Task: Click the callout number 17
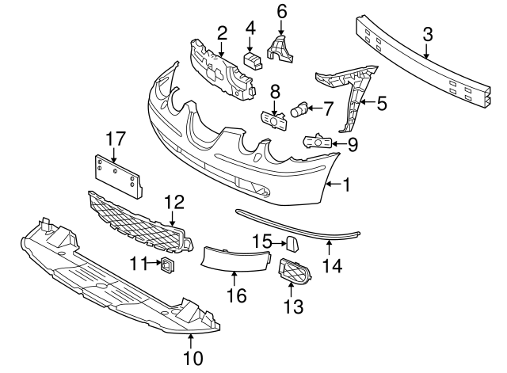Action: coord(116,139)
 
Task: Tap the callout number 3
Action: coord(428,35)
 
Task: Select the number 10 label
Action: coord(193,358)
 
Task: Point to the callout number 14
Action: coord(332,265)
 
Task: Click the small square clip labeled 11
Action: coord(167,265)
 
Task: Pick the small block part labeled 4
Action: coord(253,61)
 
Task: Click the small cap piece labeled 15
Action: coord(292,243)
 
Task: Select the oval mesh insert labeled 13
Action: coord(295,271)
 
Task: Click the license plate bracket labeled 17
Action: coord(118,176)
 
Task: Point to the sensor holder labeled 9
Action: coord(317,142)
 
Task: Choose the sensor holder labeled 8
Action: coord(274,121)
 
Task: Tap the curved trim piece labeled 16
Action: coord(236,257)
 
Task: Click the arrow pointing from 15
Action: coord(279,243)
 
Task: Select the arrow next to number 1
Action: coord(333,185)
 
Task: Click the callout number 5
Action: coord(382,103)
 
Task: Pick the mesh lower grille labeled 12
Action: coord(141,222)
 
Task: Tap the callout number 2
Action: coord(222,33)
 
